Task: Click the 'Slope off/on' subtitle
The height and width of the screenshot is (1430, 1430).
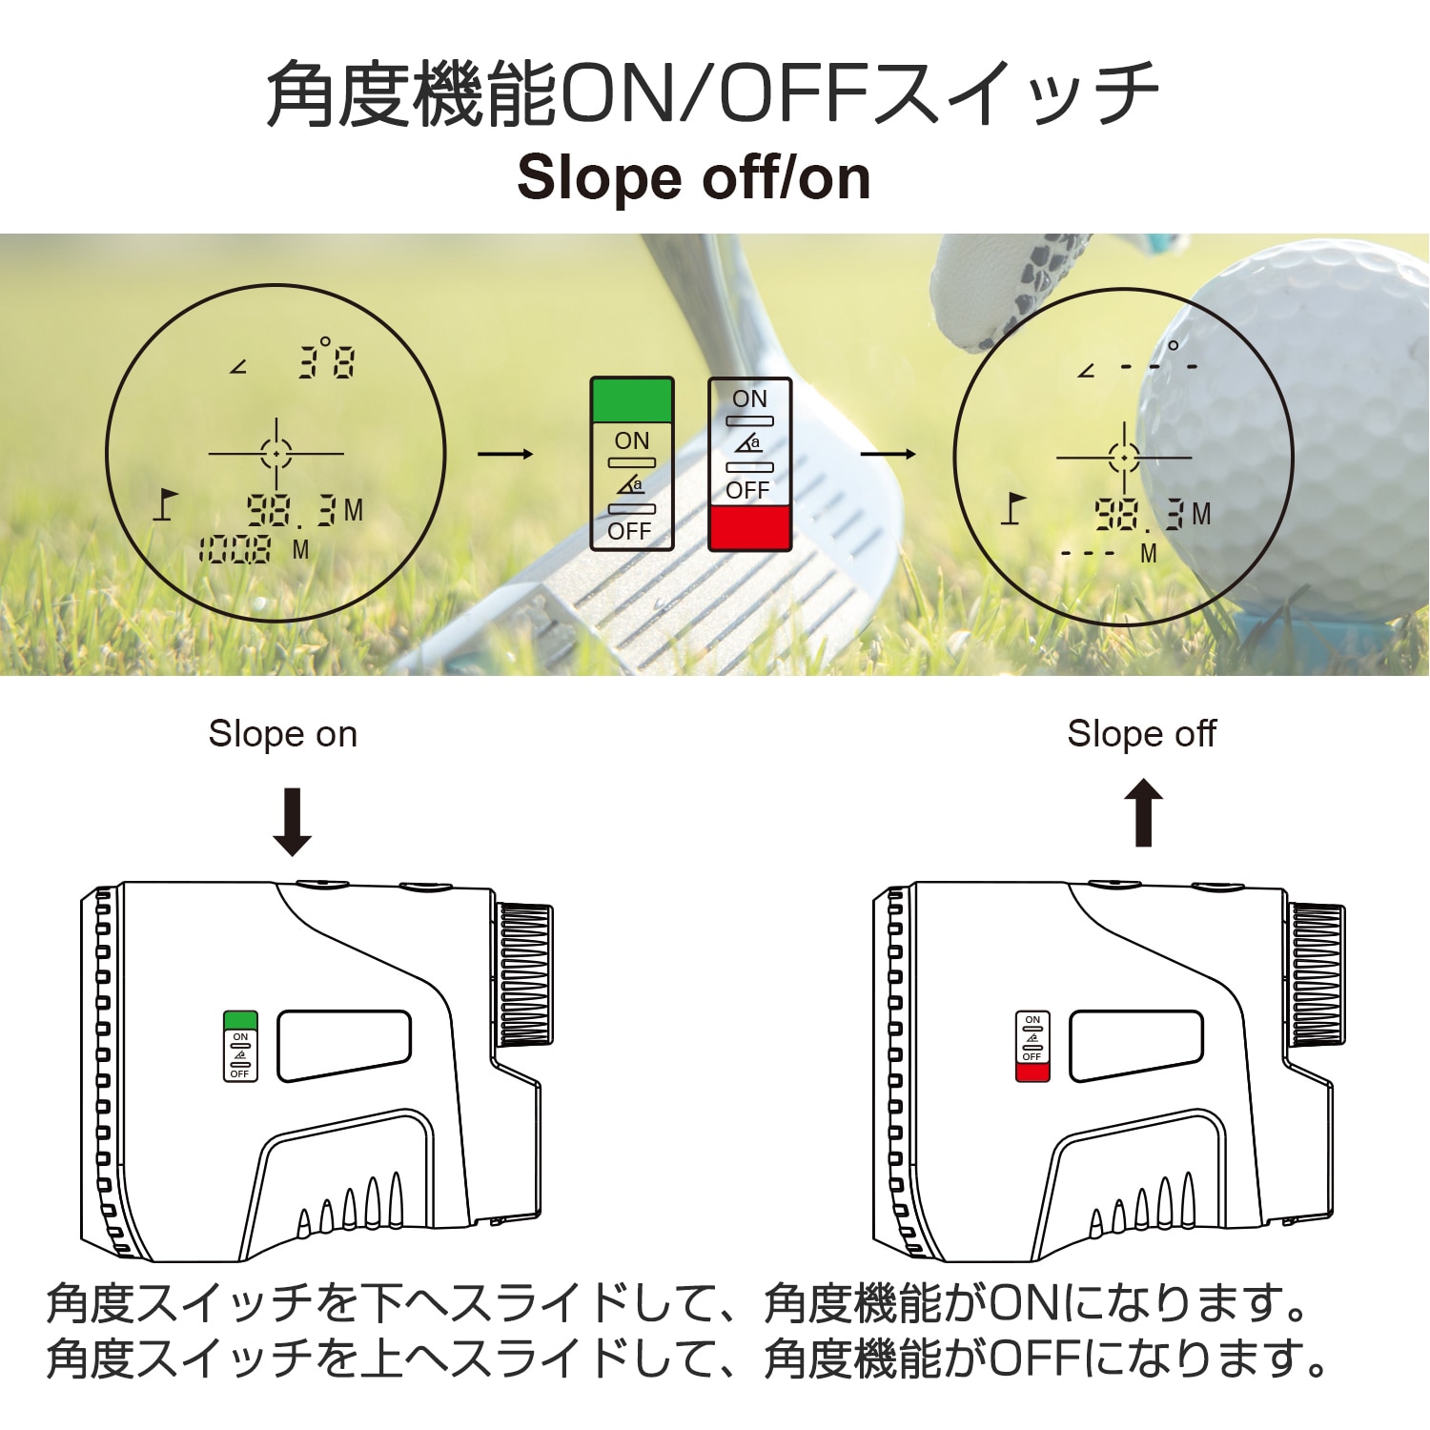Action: tap(693, 178)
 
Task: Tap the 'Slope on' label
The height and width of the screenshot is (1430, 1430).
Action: tap(282, 734)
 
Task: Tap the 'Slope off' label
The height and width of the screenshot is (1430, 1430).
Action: tap(1141, 734)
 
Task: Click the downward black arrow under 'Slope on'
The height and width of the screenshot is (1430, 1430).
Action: tap(292, 822)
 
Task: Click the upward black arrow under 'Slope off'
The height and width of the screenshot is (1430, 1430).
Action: tap(1143, 813)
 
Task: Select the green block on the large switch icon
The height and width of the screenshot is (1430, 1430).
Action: tap(632, 400)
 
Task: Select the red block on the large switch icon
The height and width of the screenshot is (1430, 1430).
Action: tap(749, 527)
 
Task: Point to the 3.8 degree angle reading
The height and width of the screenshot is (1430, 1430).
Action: tap(326, 360)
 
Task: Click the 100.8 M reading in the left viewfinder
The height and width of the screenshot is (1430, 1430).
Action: tap(235, 550)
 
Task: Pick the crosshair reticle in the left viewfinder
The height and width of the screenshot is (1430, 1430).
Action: tap(276, 454)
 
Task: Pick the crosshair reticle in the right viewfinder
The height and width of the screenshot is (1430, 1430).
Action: tap(1124, 458)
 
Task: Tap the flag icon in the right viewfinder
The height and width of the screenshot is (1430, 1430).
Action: tap(1012, 508)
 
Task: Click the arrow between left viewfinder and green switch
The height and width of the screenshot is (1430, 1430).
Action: tap(505, 454)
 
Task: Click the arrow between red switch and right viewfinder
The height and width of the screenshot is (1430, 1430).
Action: tap(888, 454)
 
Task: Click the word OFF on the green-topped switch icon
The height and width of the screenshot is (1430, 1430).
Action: tap(629, 532)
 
